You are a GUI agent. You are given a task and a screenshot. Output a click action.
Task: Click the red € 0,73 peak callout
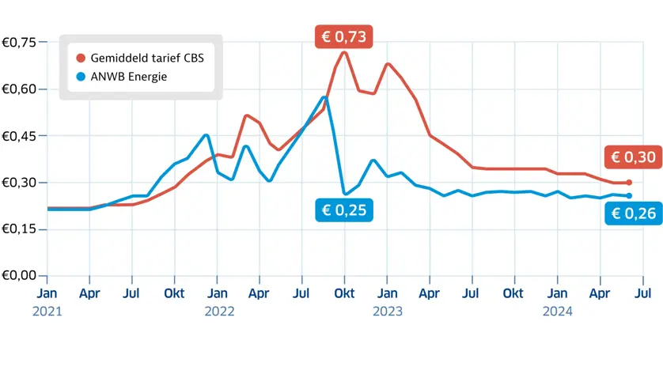pyautogui.click(x=343, y=37)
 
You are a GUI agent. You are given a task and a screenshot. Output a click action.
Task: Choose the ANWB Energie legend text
pyautogui.click(x=129, y=77)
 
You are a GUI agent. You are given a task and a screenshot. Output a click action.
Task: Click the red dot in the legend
pyautogui.click(x=80, y=58)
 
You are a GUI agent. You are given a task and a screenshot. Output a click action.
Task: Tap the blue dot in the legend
pyautogui.click(x=80, y=77)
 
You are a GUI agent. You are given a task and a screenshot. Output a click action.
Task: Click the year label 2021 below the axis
pyautogui.click(x=47, y=312)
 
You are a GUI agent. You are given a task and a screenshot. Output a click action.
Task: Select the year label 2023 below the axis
pyautogui.click(x=388, y=312)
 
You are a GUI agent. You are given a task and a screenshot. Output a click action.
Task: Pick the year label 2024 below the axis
pyautogui.click(x=558, y=312)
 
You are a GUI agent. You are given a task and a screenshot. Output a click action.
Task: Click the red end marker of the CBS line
pyautogui.click(x=629, y=183)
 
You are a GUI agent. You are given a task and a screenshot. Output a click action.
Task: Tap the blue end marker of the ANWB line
pyautogui.click(x=629, y=195)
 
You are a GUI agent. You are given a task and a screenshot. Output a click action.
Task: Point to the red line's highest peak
pyautogui.click(x=344, y=52)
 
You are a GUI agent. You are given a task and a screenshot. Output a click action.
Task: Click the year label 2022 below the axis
pyautogui.click(x=219, y=312)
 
